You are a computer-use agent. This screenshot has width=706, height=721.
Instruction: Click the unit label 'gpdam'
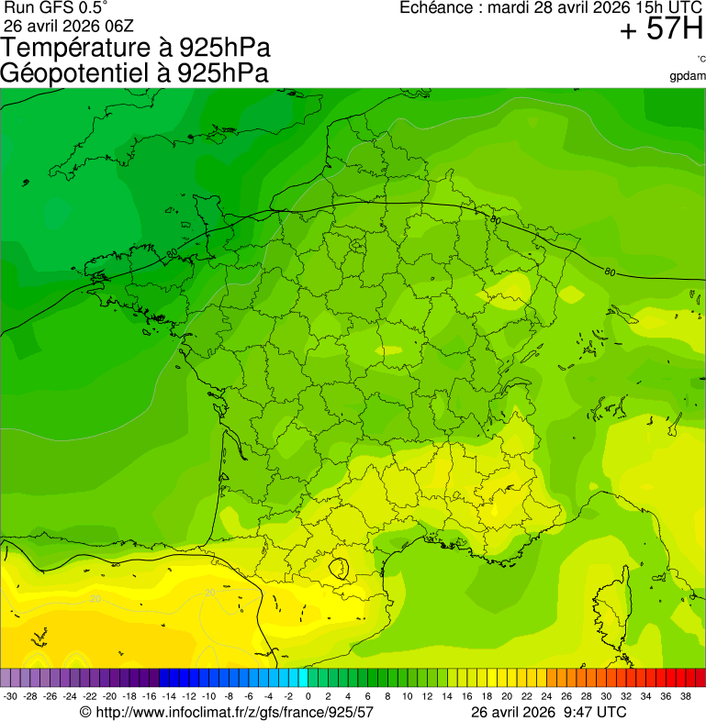[689, 75]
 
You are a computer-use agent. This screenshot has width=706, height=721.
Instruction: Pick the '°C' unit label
[700, 60]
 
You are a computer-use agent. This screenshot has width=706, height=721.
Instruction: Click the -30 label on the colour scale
[11, 696]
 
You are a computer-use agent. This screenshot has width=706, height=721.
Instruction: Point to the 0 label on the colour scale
[308, 696]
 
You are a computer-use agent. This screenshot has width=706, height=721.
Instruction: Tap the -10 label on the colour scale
[208, 696]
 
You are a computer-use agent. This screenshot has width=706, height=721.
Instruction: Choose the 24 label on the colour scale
[547, 696]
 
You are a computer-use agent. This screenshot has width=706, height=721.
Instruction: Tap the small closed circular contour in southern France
[339, 568]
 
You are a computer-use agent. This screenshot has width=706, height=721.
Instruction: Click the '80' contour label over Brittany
[172, 252]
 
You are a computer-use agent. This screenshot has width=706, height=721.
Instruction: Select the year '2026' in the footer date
[537, 712]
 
